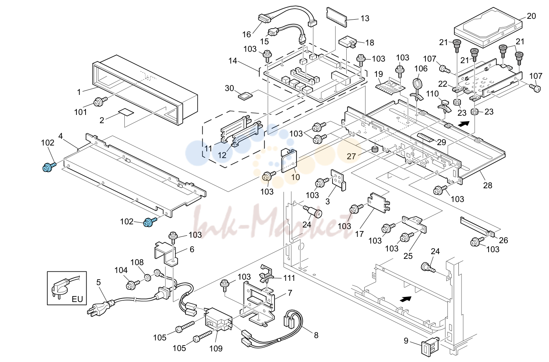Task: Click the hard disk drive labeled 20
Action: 488,28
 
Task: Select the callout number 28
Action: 487,185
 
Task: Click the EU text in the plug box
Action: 77,299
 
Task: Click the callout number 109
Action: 216,348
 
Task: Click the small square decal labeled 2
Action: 126,112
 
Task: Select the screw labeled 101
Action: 100,102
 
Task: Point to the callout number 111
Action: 289,278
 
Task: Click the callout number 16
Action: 247,35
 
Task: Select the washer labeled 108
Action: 148,278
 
